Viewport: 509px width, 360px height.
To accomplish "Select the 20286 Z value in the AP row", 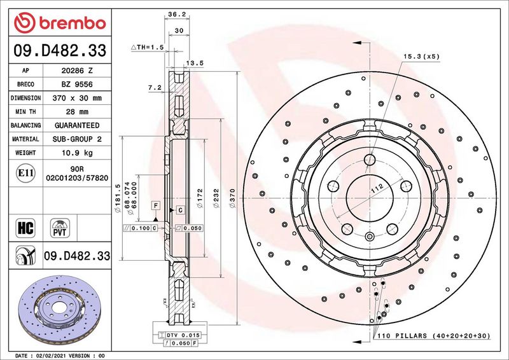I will pos(76,71).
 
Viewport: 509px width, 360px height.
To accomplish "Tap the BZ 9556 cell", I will pos(76,85).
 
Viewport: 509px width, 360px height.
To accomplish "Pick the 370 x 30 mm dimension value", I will pos(76,98).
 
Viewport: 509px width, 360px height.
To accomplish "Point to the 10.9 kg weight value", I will pos(76,153).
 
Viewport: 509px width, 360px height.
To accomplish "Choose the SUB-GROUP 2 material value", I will pos(76,139).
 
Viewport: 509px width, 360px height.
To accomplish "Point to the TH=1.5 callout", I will pos(147,48).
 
